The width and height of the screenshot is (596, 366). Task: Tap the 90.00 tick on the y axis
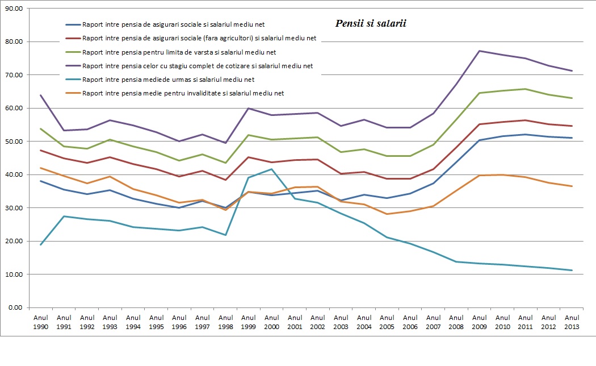click(12, 9)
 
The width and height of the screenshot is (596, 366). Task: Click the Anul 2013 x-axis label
click(572, 322)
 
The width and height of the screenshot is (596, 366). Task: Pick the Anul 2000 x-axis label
click(272, 322)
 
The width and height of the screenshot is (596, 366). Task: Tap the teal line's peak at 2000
click(272, 169)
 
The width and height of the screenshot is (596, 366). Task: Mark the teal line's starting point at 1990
click(41, 244)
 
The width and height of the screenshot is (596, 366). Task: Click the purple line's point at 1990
click(41, 95)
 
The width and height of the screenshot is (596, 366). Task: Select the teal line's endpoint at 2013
click(572, 271)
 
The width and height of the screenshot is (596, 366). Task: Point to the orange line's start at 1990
click(41, 168)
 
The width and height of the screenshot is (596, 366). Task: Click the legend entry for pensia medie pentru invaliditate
click(182, 93)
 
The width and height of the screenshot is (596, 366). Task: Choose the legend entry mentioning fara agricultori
click(199, 39)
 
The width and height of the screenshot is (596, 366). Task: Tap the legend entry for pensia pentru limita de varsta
click(179, 52)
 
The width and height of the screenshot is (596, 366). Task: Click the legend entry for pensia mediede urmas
click(168, 80)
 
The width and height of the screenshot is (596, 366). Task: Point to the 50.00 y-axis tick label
click(12, 142)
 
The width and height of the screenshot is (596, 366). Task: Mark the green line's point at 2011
click(526, 89)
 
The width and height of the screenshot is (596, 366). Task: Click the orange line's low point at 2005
click(387, 214)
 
